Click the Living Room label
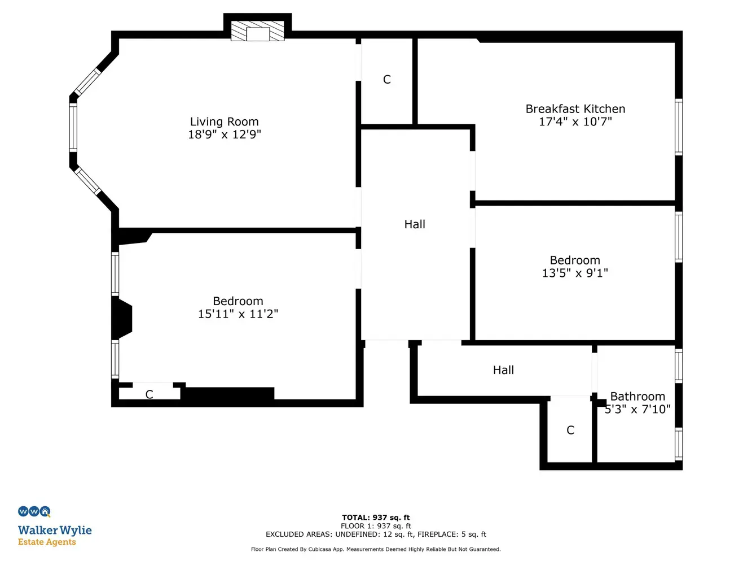click(225, 121)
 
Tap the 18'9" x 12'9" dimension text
click(225, 134)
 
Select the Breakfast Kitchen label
click(575, 108)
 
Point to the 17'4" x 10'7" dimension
click(575, 121)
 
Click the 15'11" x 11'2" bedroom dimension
click(238, 314)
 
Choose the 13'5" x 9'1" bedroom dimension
click(575, 273)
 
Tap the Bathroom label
click(637, 396)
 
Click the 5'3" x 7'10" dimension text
click(637, 409)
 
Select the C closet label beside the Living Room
click(387, 80)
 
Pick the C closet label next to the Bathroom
click(570, 430)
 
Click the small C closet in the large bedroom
click(149, 394)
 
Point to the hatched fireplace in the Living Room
click(258, 31)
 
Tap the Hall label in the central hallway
click(415, 224)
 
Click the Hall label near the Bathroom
click(503, 370)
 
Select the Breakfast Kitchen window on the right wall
click(678, 127)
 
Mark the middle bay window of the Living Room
click(73, 127)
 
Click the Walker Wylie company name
click(55, 531)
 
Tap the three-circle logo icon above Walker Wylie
click(34, 512)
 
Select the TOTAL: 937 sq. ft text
click(376, 518)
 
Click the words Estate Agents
click(47, 542)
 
